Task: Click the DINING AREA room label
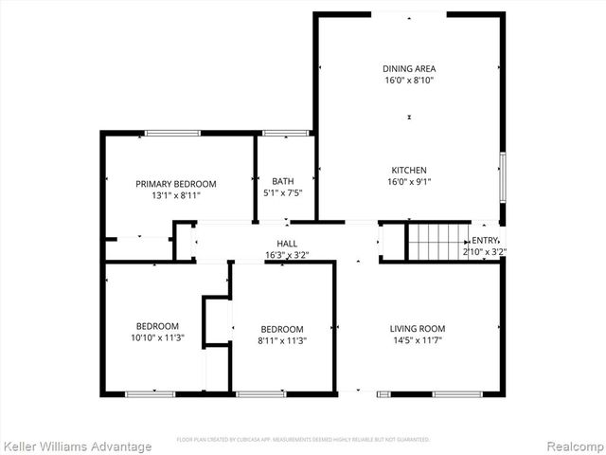point(409,68)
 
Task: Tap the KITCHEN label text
point(407,170)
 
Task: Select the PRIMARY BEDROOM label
point(175,183)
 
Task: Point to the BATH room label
point(282,181)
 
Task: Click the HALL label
point(287,244)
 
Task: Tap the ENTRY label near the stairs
point(485,241)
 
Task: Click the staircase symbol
point(437,242)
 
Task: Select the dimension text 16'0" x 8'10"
point(409,81)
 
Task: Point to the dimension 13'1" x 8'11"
point(175,195)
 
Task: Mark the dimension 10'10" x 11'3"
point(157,337)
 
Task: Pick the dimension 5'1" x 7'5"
point(282,193)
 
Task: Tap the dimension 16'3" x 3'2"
point(287,255)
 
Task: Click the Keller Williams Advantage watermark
point(77,446)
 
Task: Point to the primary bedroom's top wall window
point(172,133)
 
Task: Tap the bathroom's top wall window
point(281,133)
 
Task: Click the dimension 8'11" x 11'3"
point(282,341)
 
